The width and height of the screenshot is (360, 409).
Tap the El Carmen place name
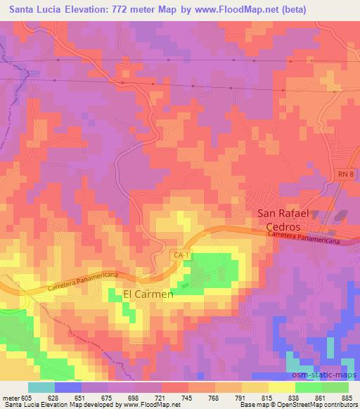coord(148,294)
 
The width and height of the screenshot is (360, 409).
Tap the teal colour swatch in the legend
coord(41,387)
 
